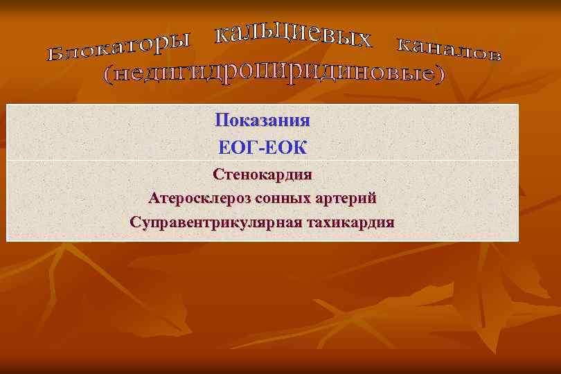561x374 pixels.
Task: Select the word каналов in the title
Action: (448, 48)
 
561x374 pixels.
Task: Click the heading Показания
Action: (262, 120)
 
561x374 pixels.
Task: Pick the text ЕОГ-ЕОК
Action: (262, 148)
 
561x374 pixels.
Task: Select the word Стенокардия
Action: (262, 175)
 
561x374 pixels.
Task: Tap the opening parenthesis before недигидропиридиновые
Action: (107, 78)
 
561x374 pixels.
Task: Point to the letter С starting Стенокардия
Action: (217, 175)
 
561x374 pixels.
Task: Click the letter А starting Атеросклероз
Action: (153, 199)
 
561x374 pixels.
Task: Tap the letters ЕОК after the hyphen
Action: (285, 148)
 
